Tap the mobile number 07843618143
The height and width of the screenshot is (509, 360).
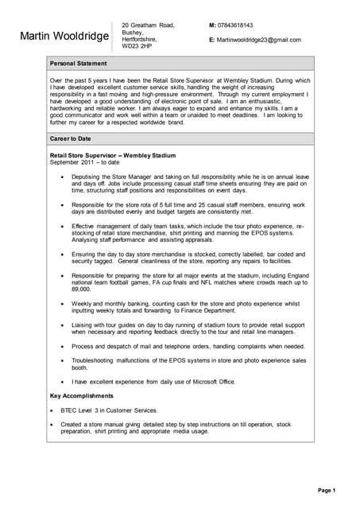(235, 25)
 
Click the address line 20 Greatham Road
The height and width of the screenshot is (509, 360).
(148, 25)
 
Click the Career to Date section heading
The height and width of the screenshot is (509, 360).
(72, 138)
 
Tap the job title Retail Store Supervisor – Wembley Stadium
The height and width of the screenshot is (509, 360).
(113, 155)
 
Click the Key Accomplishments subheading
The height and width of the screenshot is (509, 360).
(81, 395)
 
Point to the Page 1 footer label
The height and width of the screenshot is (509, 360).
(327, 490)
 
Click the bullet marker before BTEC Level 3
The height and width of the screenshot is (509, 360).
(52, 410)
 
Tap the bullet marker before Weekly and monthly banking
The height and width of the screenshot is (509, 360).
(63, 304)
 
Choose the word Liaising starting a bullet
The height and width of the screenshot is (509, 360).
(84, 324)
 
